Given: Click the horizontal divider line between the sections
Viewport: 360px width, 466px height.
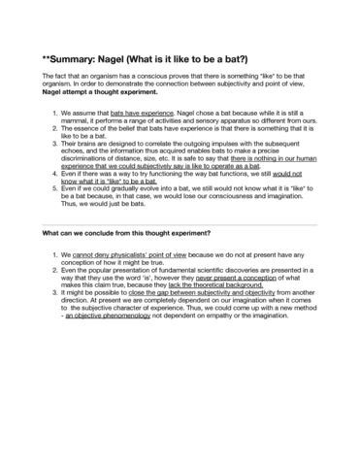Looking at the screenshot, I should click(x=180, y=221).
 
